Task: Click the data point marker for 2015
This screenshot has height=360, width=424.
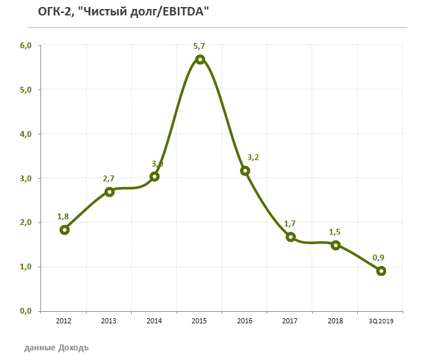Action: point(200,59)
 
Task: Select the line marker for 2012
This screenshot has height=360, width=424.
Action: point(64,230)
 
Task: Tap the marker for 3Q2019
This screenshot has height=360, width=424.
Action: point(381,271)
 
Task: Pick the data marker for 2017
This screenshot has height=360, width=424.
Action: point(290,237)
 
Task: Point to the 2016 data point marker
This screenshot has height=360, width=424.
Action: point(245,170)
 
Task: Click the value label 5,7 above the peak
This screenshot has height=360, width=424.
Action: point(200,46)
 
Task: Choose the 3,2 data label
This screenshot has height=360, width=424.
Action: point(254,157)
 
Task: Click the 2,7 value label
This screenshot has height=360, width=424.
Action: point(109,179)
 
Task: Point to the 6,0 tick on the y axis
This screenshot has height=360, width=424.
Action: point(26,46)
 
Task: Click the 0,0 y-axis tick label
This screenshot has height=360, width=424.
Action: point(26,311)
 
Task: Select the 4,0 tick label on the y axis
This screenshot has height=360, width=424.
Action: point(26,134)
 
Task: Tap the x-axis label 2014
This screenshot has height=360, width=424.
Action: point(154,321)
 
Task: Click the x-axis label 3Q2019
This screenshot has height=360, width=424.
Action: point(380,321)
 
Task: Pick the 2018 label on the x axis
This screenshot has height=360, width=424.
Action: point(335,321)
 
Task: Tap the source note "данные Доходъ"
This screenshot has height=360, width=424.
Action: point(57,348)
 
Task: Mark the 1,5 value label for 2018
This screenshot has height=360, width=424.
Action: point(335,231)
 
